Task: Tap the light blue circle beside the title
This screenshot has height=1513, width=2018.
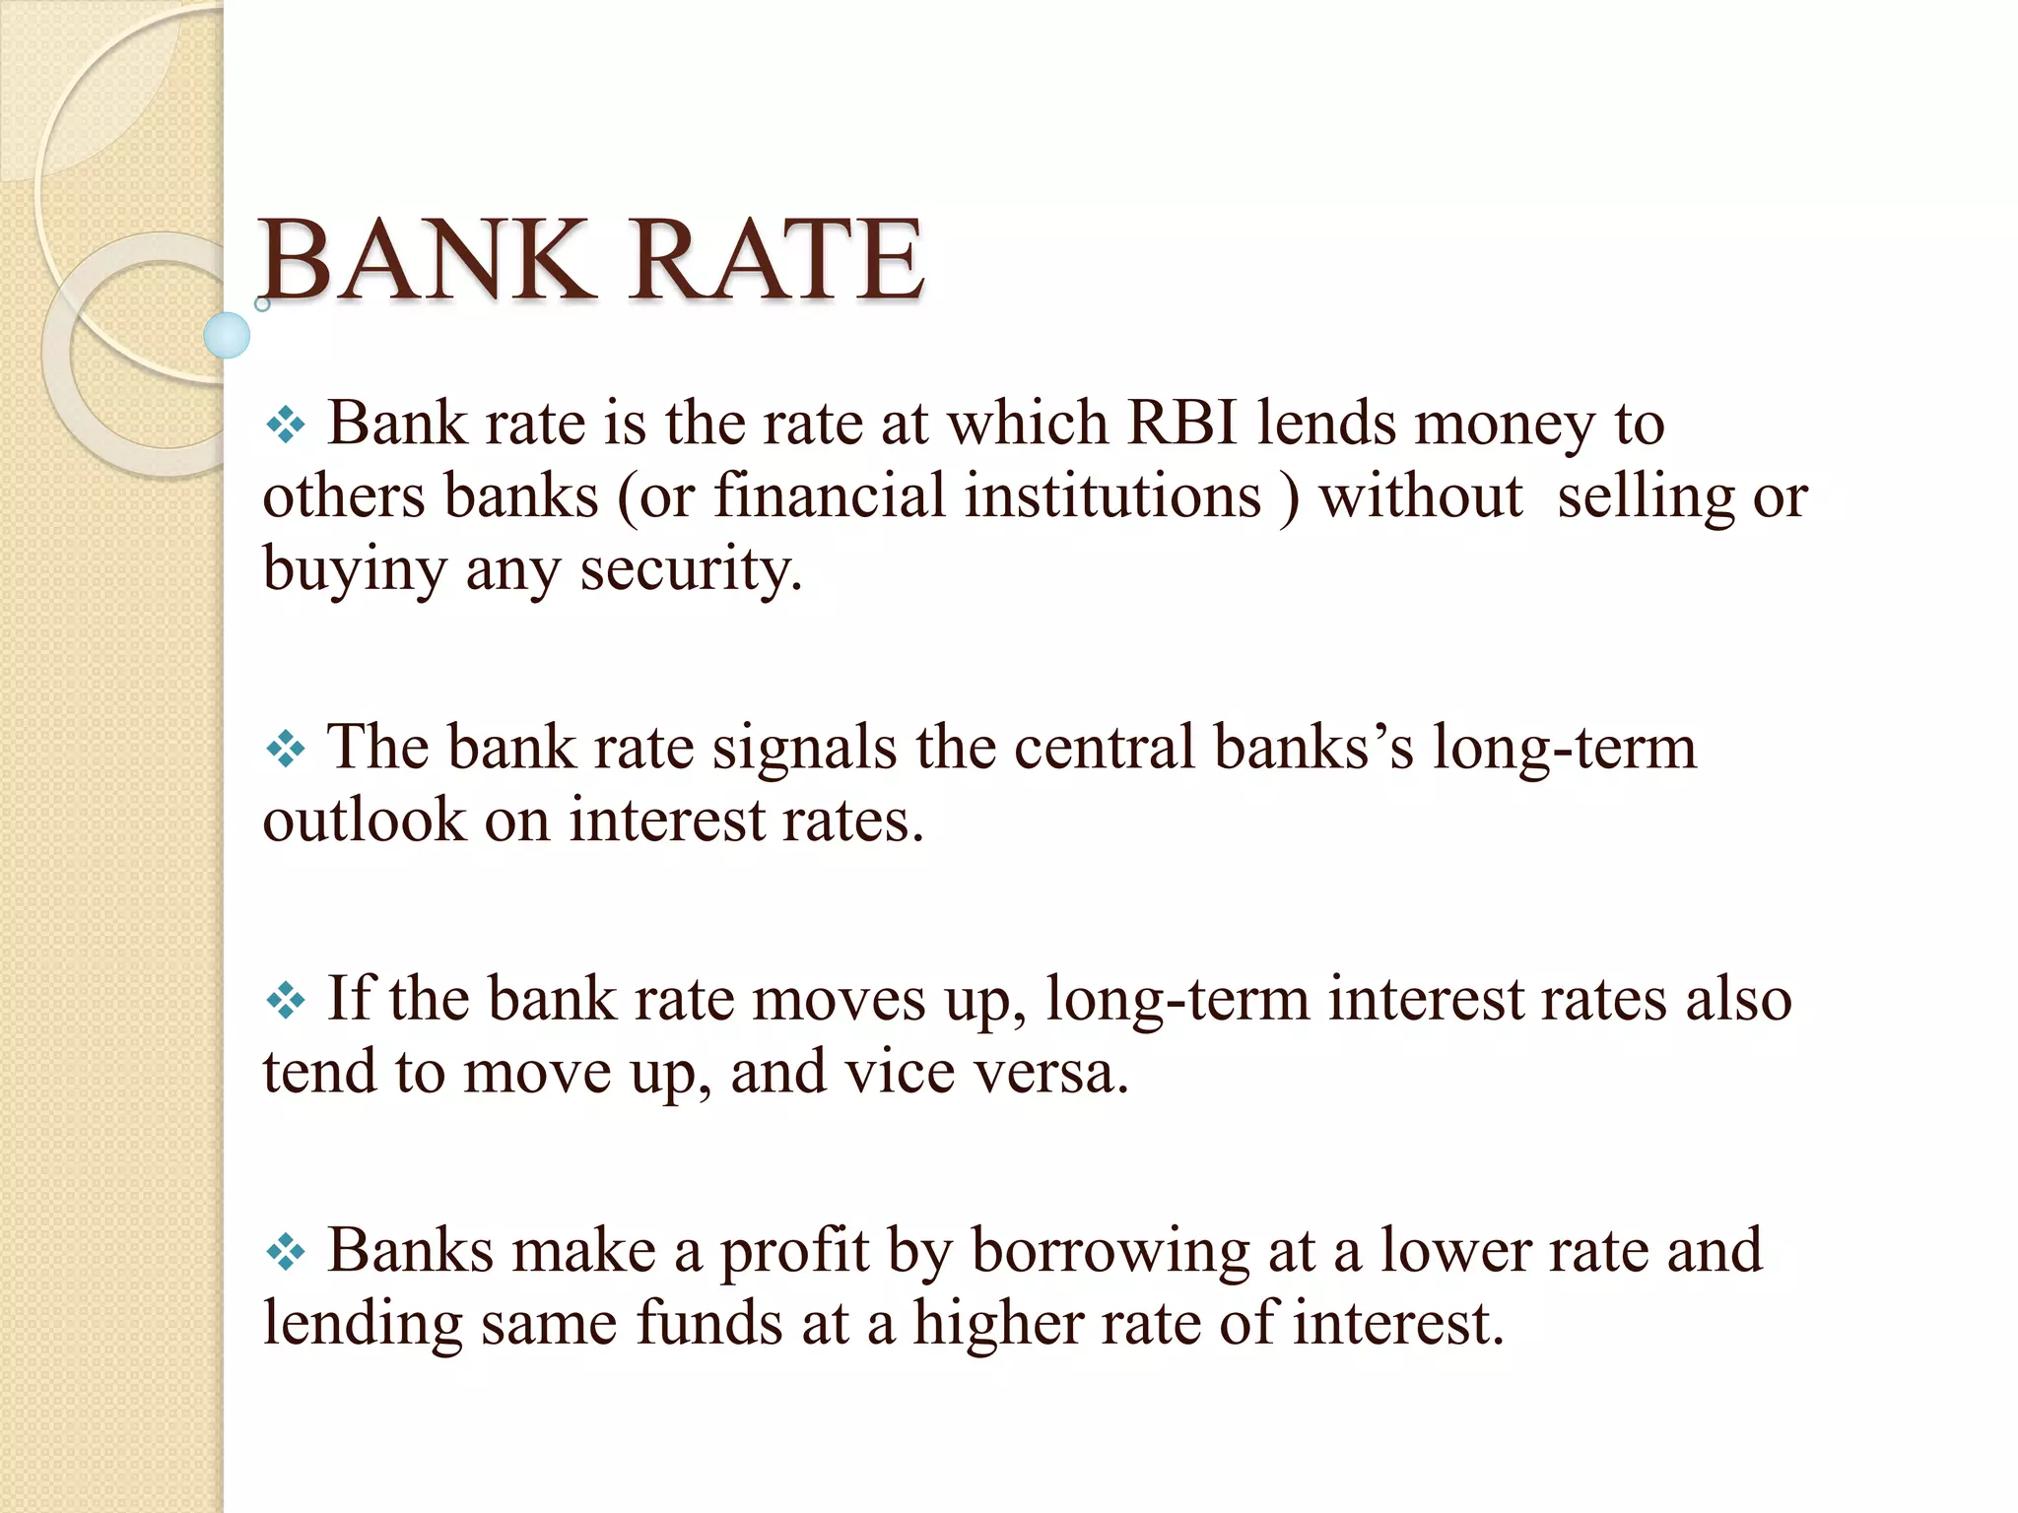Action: coord(227,335)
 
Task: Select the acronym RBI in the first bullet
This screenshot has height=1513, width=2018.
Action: coord(1181,424)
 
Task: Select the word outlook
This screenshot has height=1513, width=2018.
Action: coord(364,820)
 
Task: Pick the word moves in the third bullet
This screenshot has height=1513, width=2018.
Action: coord(839,999)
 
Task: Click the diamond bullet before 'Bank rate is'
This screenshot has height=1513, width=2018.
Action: coord(286,426)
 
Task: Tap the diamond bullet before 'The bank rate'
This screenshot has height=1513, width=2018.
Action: coord(286,750)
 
